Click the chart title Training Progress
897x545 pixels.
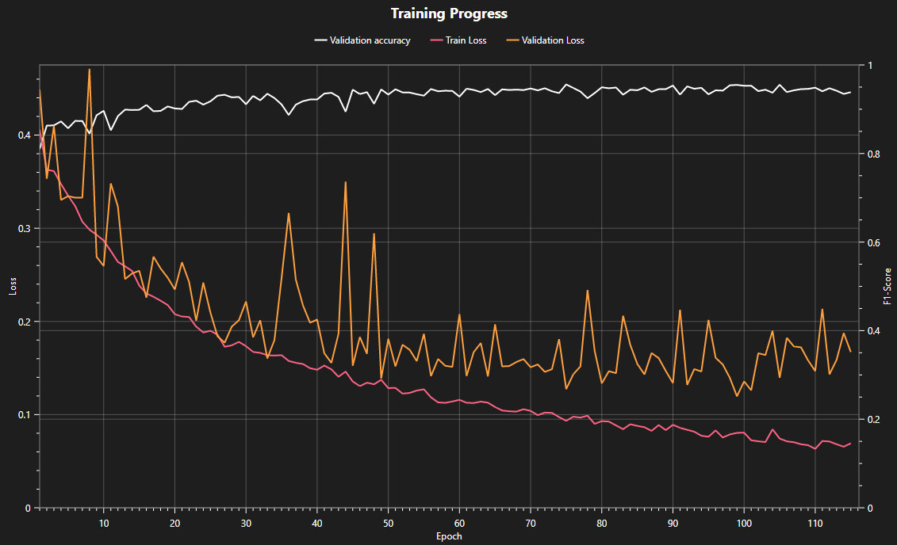point(449,13)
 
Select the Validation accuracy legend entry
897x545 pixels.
point(370,40)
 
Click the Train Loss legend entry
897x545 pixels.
point(466,40)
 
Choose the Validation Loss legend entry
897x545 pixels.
point(553,40)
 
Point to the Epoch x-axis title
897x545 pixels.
point(449,536)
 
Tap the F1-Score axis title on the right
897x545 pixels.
point(887,286)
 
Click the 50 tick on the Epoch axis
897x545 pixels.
point(388,524)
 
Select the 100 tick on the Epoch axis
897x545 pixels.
point(744,524)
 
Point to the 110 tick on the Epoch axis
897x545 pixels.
point(815,524)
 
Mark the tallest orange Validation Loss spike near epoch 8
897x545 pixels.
point(89,70)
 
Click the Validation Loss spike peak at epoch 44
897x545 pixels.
point(345,182)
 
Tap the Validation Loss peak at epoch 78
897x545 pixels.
point(587,291)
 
